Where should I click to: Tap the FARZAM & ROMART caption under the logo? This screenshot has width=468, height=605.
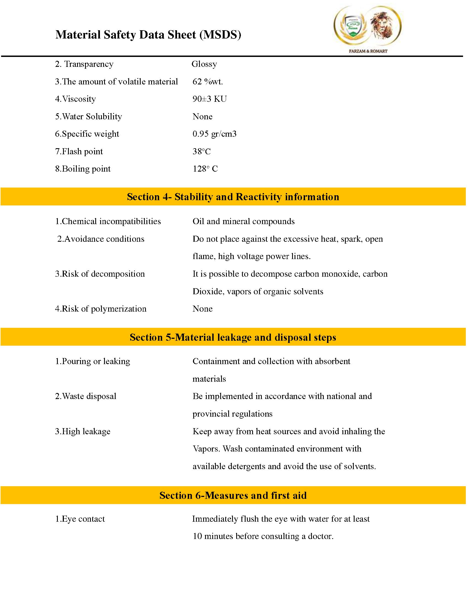(368, 51)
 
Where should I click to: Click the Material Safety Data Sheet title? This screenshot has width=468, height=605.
(148, 35)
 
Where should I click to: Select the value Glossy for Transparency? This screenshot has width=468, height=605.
(204, 64)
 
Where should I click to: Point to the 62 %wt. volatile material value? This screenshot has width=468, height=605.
(208, 81)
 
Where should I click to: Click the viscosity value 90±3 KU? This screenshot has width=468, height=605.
(209, 99)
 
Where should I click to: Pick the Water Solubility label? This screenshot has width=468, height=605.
(88, 116)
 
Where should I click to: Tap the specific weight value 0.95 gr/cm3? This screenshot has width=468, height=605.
(214, 134)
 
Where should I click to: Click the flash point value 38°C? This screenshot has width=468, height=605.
(202, 152)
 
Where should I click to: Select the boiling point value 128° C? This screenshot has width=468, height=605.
(205, 169)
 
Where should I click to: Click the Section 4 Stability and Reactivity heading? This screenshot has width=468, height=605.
(233, 197)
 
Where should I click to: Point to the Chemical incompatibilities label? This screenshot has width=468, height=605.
(108, 221)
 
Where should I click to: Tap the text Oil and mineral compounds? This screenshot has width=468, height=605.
(243, 221)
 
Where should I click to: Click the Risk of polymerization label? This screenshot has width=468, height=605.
(101, 309)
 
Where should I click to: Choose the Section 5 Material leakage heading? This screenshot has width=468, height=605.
(233, 337)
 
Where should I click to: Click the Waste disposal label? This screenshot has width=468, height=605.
(86, 396)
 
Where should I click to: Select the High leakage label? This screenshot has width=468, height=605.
(83, 431)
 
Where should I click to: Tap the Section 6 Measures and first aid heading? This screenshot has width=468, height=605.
(233, 495)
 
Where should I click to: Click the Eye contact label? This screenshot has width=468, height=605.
(80, 519)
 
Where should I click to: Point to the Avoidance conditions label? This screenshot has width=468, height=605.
(101, 239)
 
